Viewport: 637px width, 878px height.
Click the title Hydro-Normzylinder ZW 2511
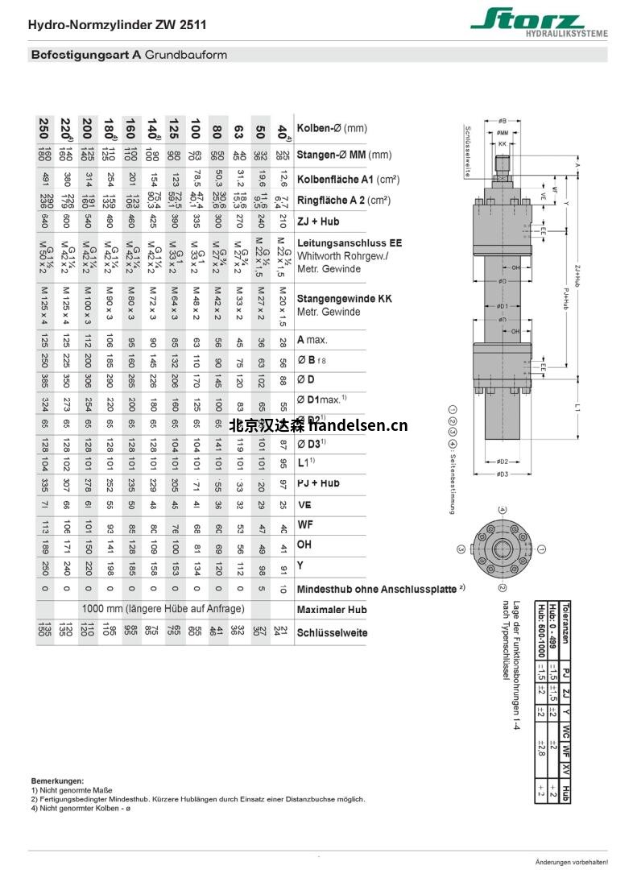(117, 25)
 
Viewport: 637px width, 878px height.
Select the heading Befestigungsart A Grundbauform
(128, 56)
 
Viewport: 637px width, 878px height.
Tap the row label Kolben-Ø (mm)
(332, 128)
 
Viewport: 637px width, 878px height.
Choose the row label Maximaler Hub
(332, 610)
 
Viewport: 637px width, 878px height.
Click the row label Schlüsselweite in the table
(332, 632)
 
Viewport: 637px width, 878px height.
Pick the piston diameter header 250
(42, 129)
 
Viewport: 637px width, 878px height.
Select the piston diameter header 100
(194, 129)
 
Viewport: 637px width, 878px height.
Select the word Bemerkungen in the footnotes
(57, 781)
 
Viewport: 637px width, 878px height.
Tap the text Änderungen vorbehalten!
(582, 862)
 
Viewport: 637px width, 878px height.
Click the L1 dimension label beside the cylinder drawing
(577, 408)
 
